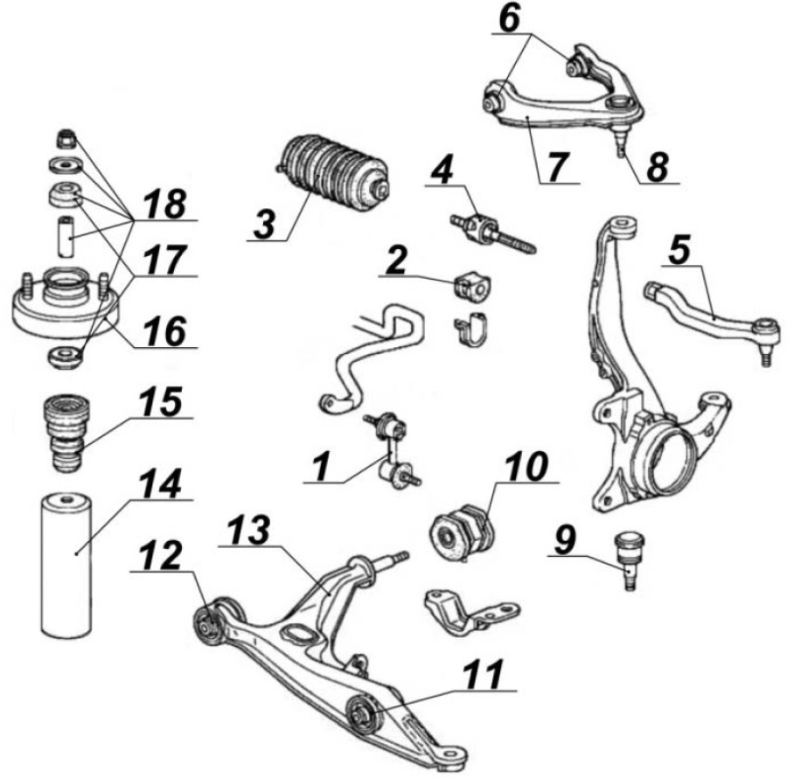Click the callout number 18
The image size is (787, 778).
pos(164,204)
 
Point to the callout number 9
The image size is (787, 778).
pos(565,540)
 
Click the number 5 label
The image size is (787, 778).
pos(679,250)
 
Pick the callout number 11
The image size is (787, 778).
pos(484,675)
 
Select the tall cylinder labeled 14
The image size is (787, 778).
pos(66,566)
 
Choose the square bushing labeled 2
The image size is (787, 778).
pos(473,287)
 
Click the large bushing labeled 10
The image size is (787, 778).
pos(463,532)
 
